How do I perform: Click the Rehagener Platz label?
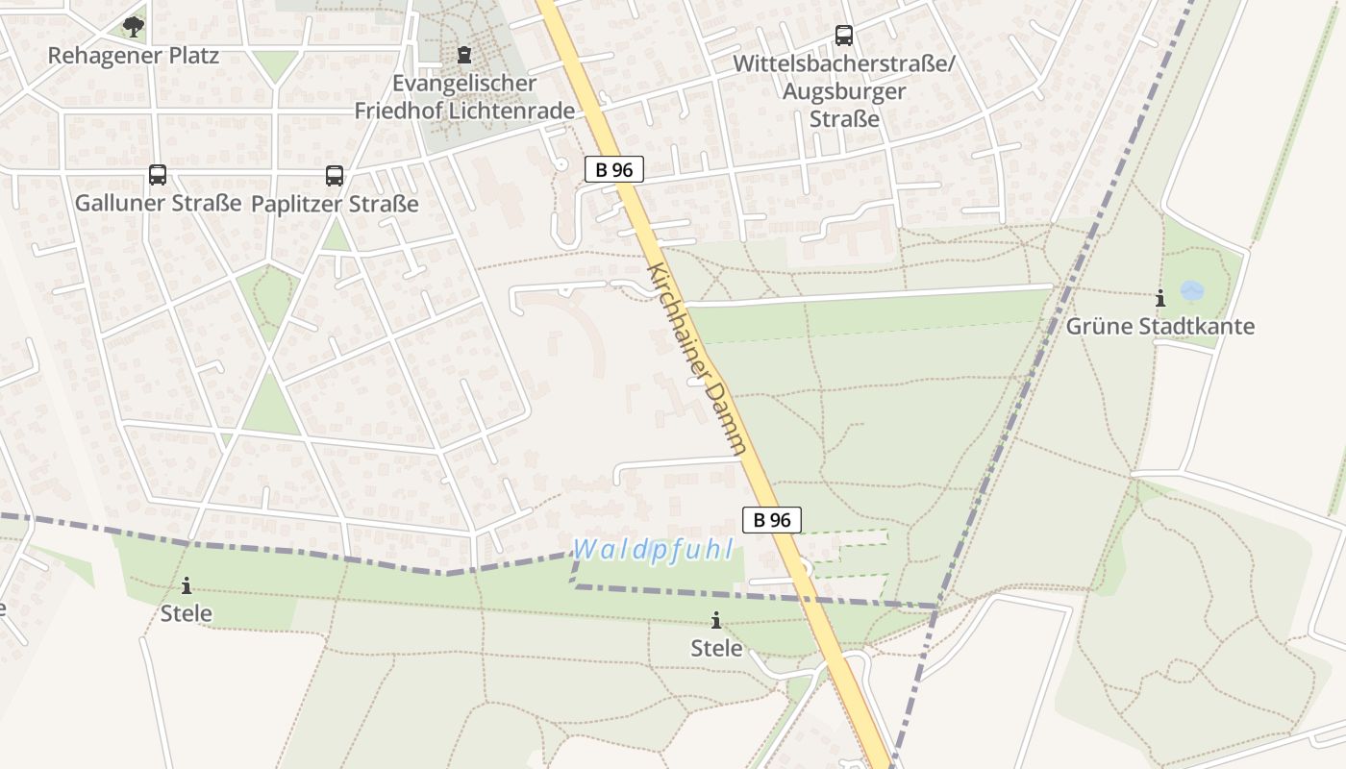tap(134, 56)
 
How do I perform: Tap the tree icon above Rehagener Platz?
tap(134, 26)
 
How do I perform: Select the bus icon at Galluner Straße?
tap(158, 175)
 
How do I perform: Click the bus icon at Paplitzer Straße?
tap(335, 176)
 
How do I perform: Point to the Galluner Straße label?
tap(158, 204)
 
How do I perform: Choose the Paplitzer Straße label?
tap(335, 205)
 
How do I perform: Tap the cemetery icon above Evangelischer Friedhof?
tap(464, 55)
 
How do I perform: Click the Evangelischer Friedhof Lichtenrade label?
tap(464, 97)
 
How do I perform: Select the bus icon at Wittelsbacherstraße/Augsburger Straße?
tap(844, 36)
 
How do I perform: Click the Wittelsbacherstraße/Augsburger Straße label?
tap(844, 91)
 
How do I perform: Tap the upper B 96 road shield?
tap(613, 170)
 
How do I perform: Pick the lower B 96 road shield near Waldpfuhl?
tap(771, 520)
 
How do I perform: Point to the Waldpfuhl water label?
tap(654, 550)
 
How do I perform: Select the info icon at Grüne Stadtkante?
tap(1160, 298)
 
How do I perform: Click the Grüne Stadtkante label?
tap(1160, 327)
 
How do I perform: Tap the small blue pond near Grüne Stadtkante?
tap(1191, 289)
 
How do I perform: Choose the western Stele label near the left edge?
tap(186, 613)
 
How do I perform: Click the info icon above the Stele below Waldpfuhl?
tap(716, 620)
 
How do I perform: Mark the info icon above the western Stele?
tap(186, 584)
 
